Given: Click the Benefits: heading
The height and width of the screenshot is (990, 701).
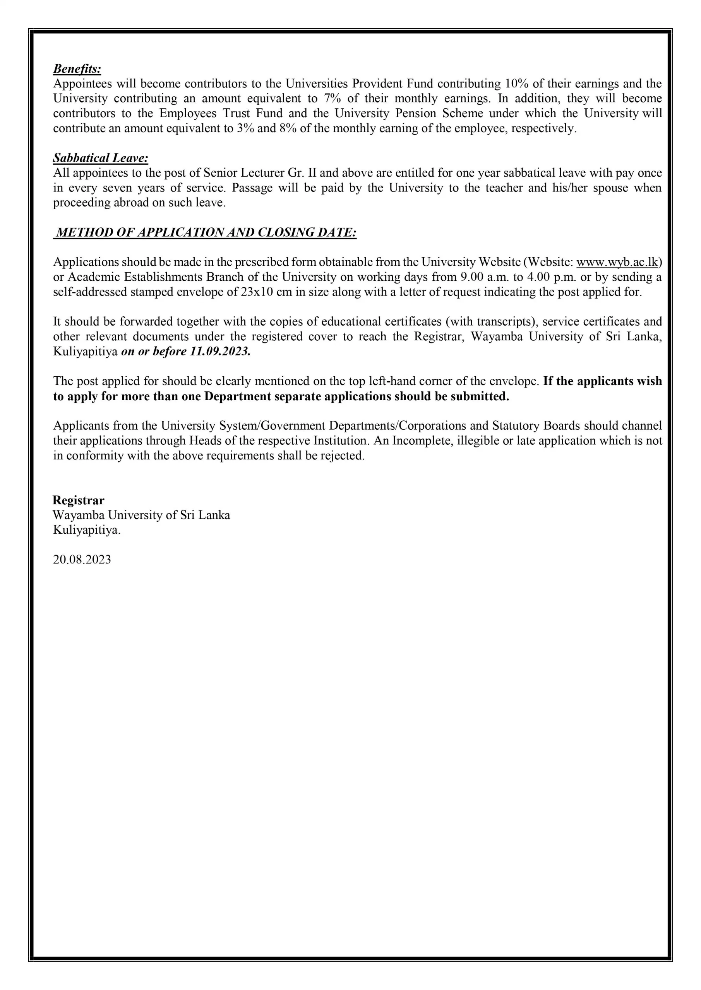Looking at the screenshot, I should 77,68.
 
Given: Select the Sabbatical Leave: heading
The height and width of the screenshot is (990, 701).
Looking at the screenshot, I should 101,158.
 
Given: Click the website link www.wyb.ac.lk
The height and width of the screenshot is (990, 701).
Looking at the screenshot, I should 617,262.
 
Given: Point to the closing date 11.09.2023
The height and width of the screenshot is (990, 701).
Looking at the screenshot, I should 220,352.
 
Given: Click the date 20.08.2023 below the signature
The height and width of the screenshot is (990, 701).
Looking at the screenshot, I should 82,560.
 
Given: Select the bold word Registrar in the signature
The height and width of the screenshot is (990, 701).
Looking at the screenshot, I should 78,500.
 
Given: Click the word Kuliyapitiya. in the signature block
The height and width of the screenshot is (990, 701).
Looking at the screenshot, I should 87,530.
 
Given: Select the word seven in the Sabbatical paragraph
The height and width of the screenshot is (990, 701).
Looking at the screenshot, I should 117,188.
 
